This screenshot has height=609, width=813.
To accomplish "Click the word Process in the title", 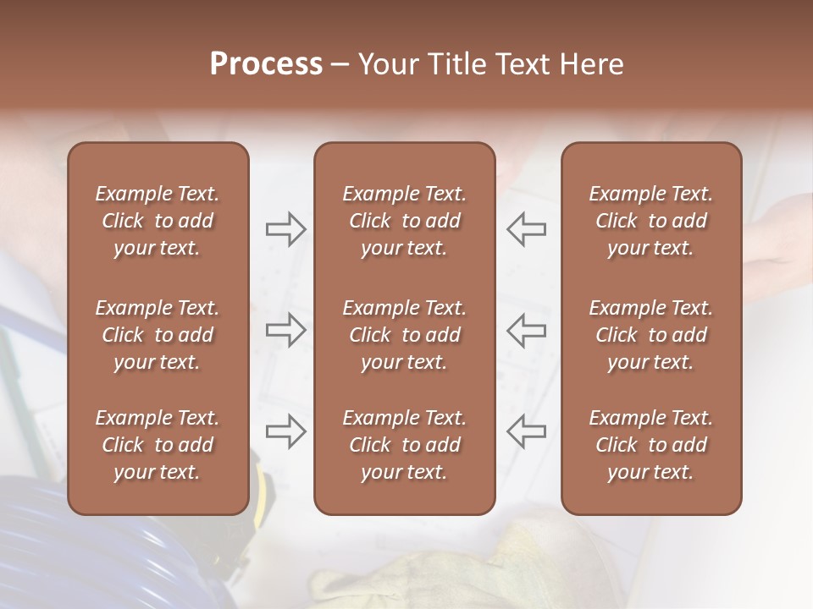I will coord(266,64).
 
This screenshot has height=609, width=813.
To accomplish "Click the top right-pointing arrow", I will coord(285,228).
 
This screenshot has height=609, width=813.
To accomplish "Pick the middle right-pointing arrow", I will coord(285,330).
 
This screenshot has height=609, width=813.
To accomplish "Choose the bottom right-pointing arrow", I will coord(285,431).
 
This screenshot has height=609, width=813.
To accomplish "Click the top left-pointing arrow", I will coord(526,228).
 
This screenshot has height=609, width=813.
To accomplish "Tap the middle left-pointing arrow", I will coord(526,330).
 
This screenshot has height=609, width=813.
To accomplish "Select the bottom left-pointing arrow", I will coord(526,431).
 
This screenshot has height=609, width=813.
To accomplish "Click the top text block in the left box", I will coord(158,221).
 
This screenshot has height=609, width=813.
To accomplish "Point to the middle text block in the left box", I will coord(158,335).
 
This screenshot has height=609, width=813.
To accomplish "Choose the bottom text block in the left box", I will coord(158,445).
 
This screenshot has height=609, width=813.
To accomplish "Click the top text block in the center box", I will coord(404,221).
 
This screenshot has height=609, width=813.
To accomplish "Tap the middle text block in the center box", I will coord(404,335).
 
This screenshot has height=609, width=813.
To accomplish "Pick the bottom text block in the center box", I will coord(404,445).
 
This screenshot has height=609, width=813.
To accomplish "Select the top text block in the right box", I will coord(650,221).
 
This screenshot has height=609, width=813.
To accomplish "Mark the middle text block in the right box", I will coord(650,335).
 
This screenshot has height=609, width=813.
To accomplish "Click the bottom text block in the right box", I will coord(650,445).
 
